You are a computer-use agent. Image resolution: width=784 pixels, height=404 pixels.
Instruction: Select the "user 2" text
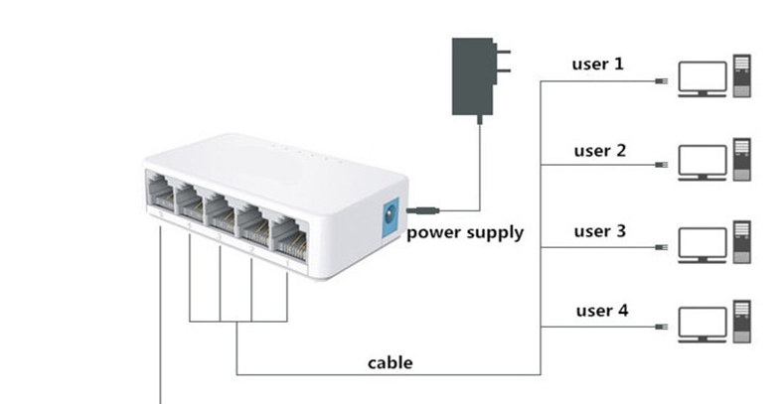pyautogui.click(x=599, y=151)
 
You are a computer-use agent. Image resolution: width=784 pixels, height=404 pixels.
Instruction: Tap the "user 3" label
pyautogui.click(x=599, y=231)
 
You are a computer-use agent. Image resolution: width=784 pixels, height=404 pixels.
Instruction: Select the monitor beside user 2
pyautogui.click(x=701, y=161)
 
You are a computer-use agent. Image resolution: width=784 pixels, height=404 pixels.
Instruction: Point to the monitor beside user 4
pyautogui.click(x=701, y=325)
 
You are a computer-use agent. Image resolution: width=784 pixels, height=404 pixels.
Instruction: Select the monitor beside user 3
pyautogui.click(x=701, y=243)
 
